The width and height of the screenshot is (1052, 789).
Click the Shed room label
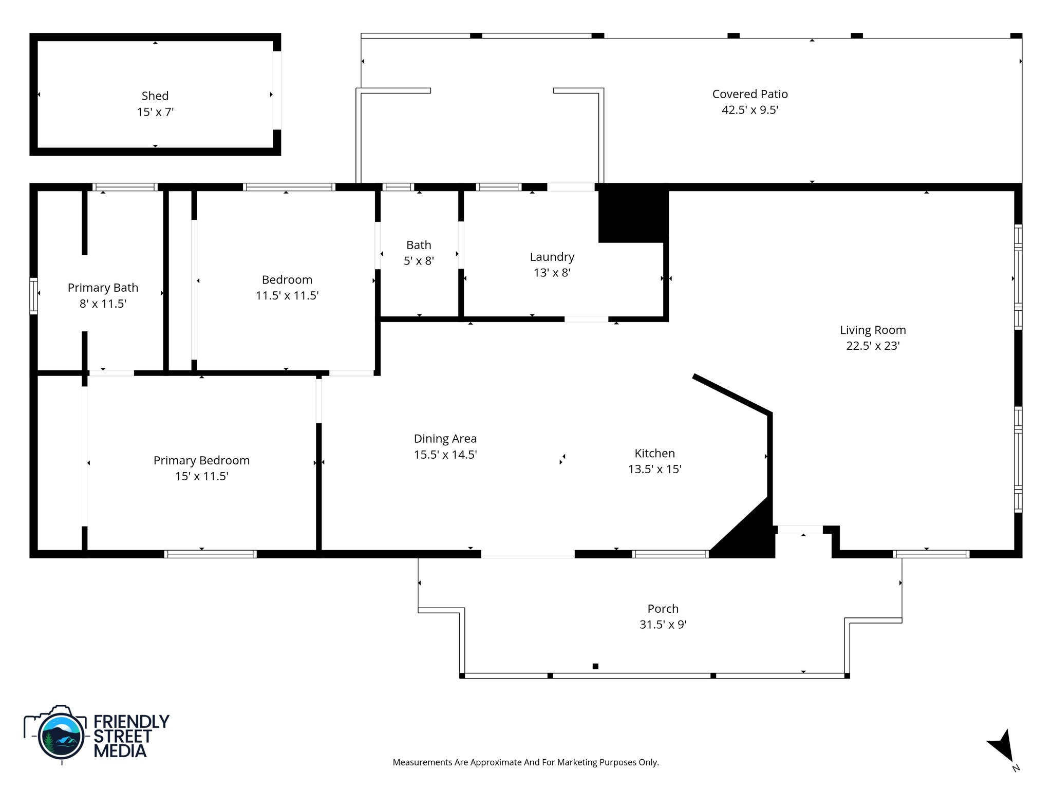(x=155, y=96)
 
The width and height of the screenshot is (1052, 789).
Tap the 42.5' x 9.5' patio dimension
(x=749, y=110)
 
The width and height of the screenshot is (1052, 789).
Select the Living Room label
(x=872, y=330)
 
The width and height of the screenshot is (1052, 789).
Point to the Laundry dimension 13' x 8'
(x=552, y=273)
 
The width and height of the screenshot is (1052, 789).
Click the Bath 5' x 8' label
(x=419, y=253)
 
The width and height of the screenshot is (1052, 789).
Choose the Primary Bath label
(x=103, y=288)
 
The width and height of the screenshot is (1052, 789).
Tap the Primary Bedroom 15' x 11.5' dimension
(x=201, y=476)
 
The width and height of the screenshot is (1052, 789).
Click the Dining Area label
(x=445, y=439)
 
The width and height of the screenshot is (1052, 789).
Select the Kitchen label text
(x=654, y=453)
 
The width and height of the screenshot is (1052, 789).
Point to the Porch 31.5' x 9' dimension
(x=663, y=625)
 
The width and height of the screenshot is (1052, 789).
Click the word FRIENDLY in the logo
(x=131, y=722)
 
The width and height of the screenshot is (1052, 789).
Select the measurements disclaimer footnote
(x=525, y=762)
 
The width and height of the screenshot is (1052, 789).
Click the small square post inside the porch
(x=595, y=666)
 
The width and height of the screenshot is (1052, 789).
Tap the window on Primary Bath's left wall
(x=34, y=295)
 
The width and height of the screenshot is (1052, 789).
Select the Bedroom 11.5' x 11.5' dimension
(x=287, y=296)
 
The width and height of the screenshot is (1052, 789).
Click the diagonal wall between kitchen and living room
(x=731, y=394)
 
